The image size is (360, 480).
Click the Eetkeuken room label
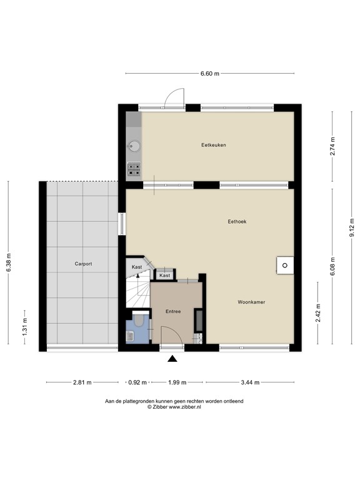click(x=213, y=145)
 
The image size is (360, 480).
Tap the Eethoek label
click(x=237, y=221)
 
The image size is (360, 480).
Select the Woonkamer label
click(x=251, y=302)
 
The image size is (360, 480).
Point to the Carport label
click(x=83, y=264)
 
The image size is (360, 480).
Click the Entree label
click(x=173, y=311)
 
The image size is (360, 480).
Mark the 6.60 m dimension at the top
click(x=210, y=74)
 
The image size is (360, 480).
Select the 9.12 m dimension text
click(x=352, y=227)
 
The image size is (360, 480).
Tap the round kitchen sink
click(x=134, y=146)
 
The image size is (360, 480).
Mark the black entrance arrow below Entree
click(x=172, y=358)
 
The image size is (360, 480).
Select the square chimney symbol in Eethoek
click(x=284, y=265)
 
